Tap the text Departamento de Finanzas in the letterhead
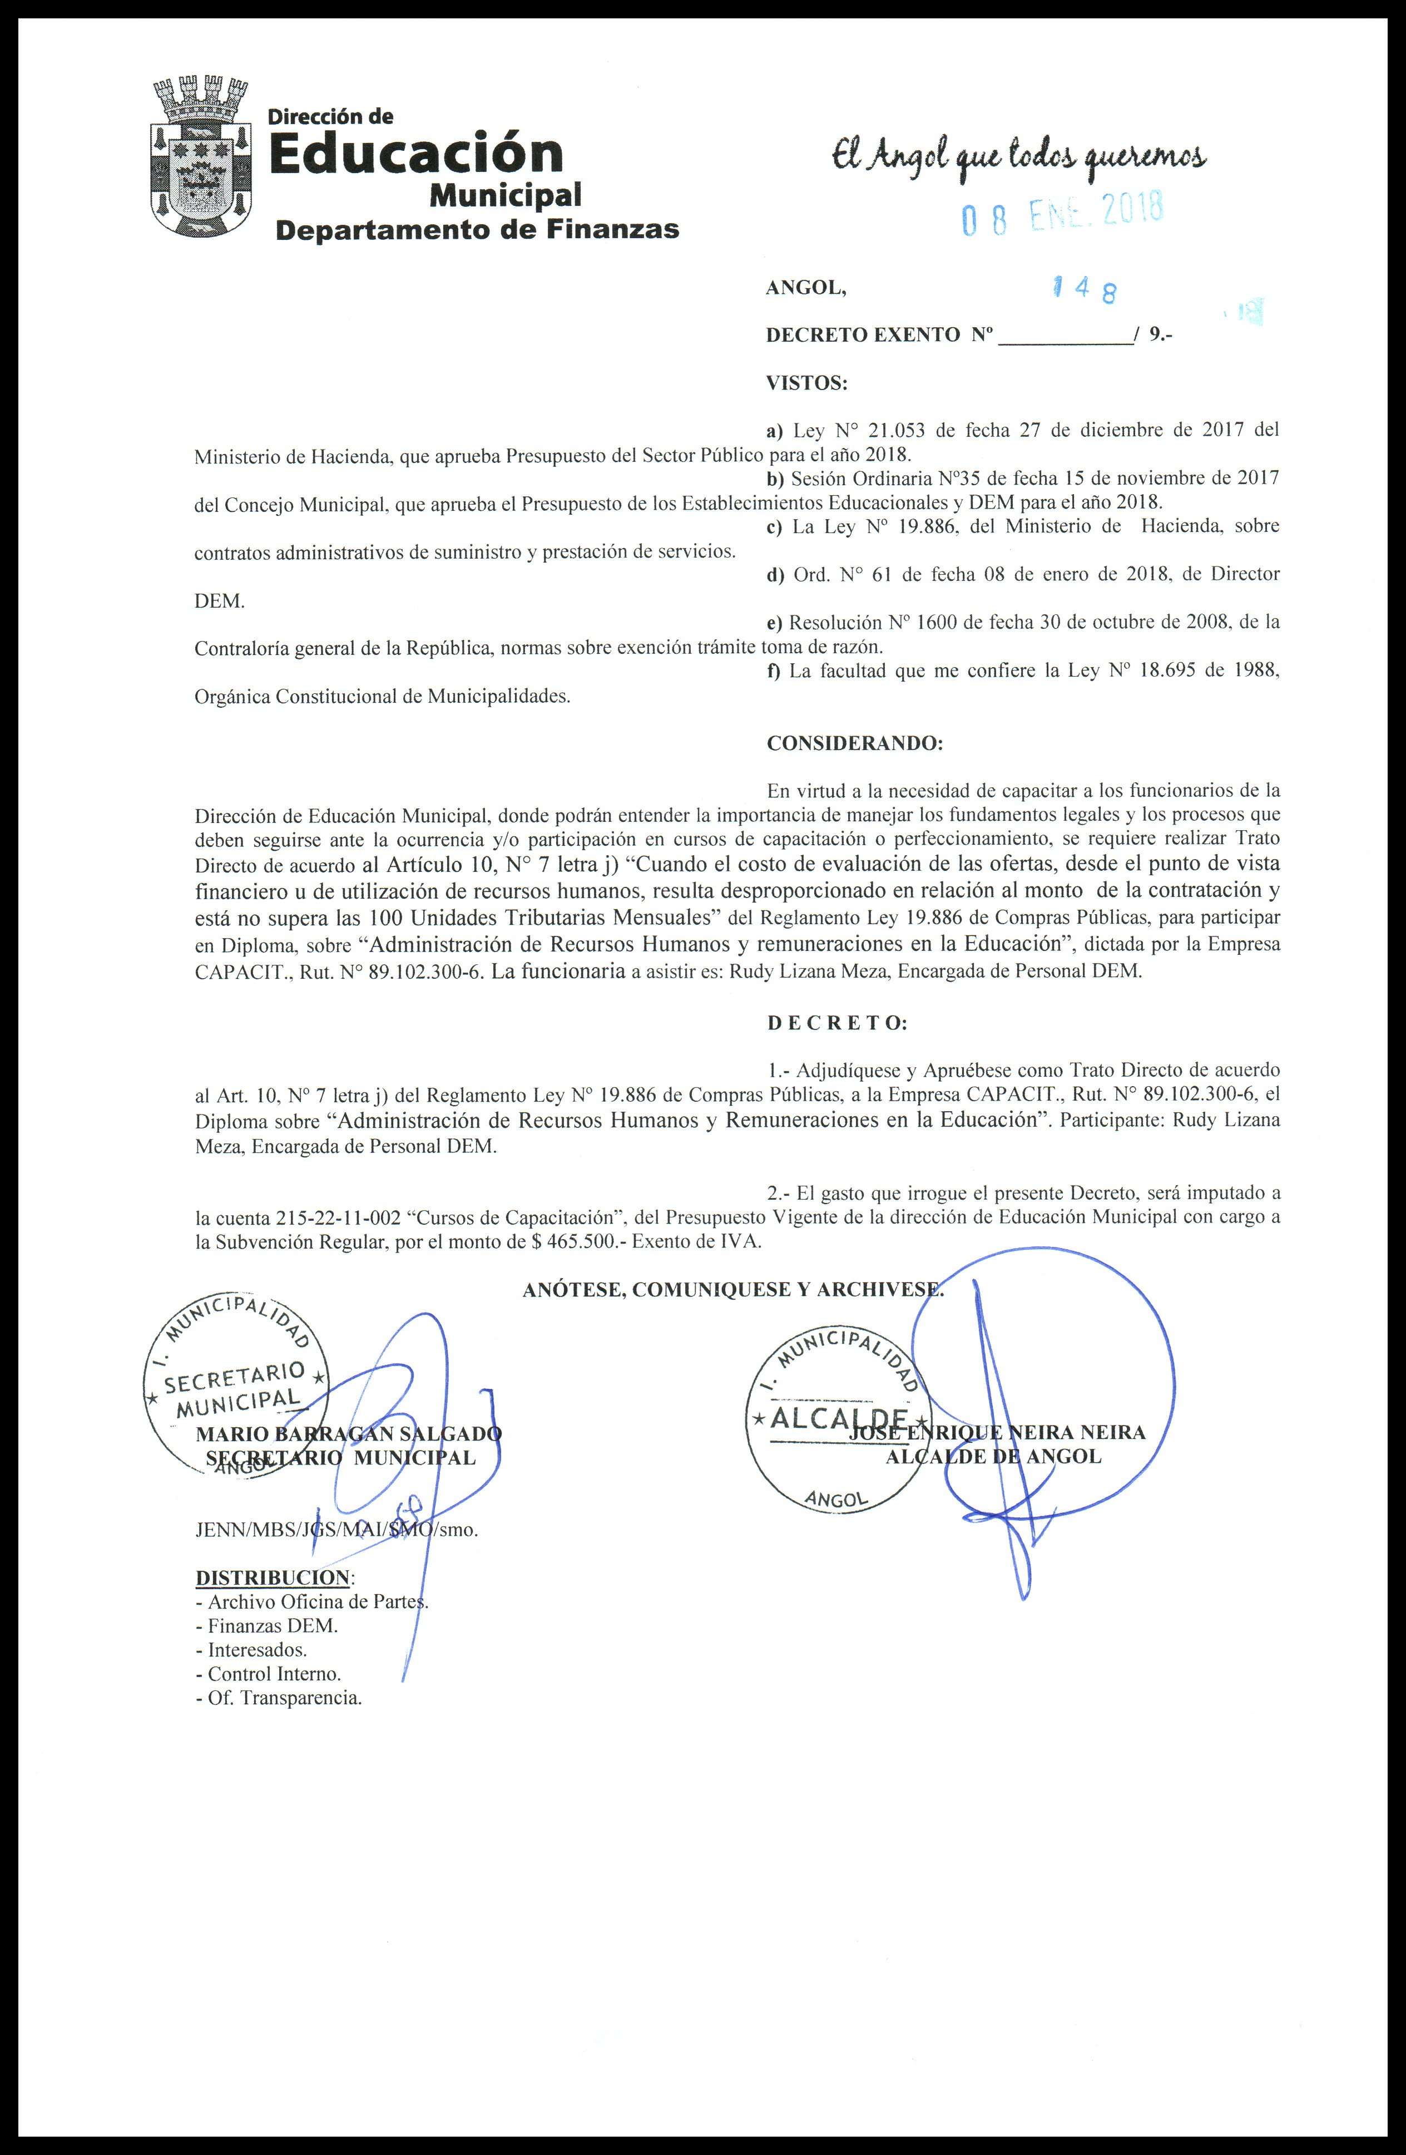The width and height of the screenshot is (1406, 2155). (x=477, y=230)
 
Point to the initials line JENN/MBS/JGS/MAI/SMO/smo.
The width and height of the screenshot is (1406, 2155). (x=337, y=1530)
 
